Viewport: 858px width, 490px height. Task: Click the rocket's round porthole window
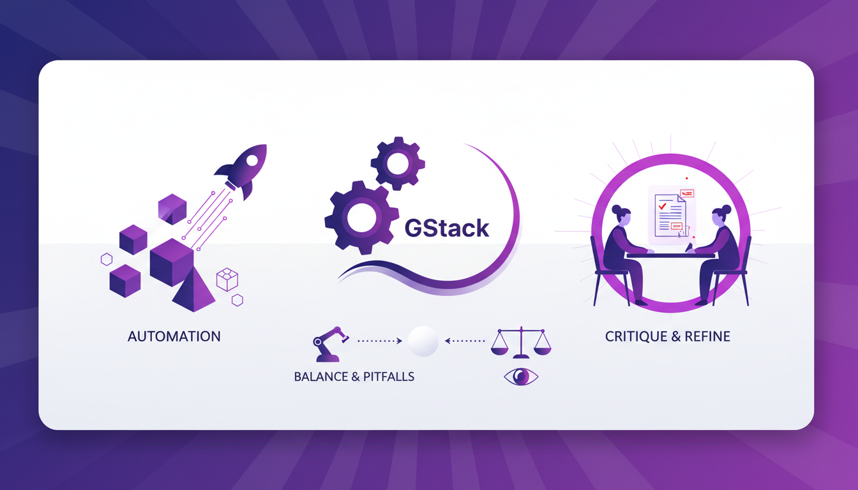tap(252, 160)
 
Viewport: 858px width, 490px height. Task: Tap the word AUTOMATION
tap(174, 336)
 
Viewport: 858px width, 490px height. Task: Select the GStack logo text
tap(447, 228)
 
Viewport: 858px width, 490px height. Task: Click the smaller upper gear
tap(398, 164)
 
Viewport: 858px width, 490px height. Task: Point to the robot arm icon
tap(329, 343)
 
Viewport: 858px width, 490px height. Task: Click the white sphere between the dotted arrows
tap(423, 341)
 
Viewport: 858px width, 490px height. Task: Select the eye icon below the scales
tap(521, 377)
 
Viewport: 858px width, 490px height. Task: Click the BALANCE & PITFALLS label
tap(354, 377)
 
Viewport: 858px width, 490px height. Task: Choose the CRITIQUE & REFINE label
tap(668, 336)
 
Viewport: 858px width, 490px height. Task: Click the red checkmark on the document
tap(663, 206)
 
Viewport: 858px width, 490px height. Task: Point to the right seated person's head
tap(721, 214)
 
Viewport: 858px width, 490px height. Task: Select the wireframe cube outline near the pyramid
tap(227, 279)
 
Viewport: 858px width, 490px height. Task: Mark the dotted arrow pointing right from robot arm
tap(379, 341)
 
